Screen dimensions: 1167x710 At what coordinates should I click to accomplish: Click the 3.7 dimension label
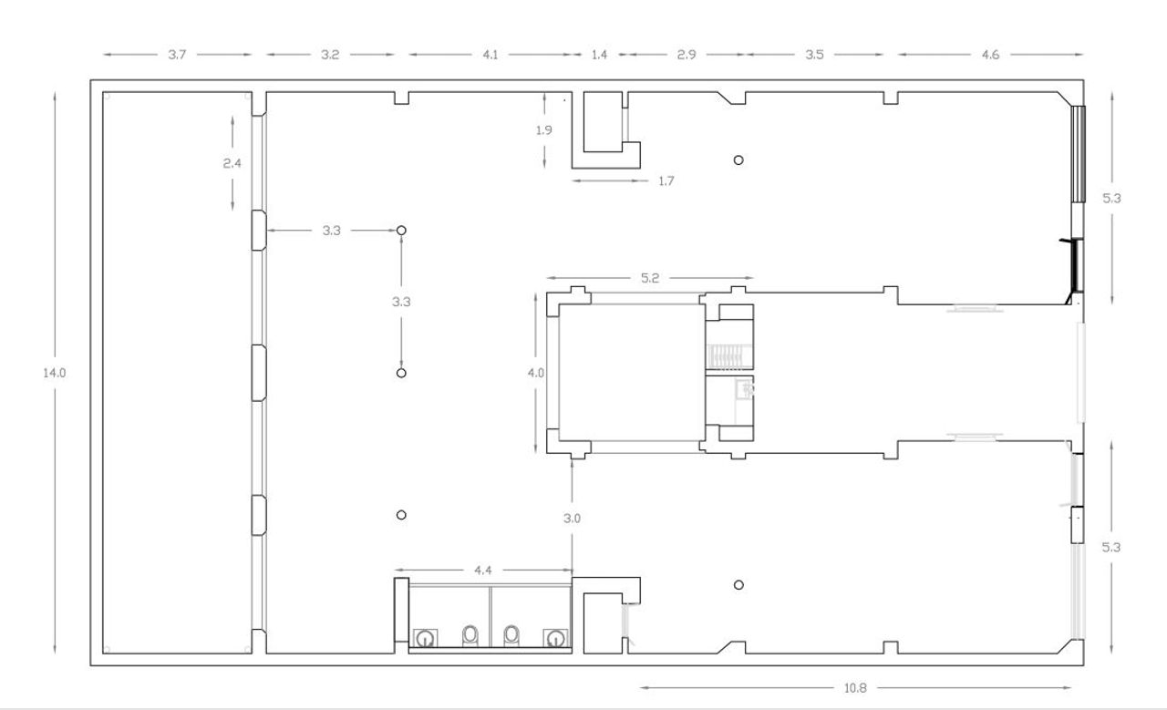(x=177, y=55)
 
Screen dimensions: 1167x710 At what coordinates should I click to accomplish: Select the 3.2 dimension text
(x=330, y=55)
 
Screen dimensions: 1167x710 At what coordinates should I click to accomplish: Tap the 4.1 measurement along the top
(x=491, y=55)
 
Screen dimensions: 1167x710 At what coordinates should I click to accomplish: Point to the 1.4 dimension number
(x=600, y=55)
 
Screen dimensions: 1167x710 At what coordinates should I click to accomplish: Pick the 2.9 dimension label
(x=687, y=55)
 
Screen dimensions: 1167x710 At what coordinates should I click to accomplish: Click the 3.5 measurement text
(x=814, y=55)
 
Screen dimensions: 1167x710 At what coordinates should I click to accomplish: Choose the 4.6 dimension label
(x=990, y=55)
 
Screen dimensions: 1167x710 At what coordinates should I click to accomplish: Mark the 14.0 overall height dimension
(x=54, y=373)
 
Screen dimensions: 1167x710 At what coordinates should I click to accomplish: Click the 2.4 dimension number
(x=232, y=163)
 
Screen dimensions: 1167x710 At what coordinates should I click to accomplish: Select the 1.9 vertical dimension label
(x=544, y=130)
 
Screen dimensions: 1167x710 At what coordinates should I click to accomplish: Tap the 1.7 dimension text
(x=666, y=181)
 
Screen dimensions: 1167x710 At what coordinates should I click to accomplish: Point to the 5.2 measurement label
(x=650, y=278)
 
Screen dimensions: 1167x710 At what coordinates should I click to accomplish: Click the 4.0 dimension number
(x=535, y=373)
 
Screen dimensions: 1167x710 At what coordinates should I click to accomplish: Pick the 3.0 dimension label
(x=572, y=519)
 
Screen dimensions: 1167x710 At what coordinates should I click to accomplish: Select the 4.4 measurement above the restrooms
(x=483, y=571)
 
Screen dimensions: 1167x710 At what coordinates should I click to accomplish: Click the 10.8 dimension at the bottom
(x=855, y=688)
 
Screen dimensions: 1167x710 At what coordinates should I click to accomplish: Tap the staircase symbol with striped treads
(x=728, y=357)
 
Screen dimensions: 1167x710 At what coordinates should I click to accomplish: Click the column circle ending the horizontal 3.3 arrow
(x=401, y=231)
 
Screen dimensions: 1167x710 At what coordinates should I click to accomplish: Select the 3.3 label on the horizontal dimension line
(x=331, y=231)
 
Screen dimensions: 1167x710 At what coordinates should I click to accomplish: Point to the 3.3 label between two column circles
(x=401, y=302)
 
